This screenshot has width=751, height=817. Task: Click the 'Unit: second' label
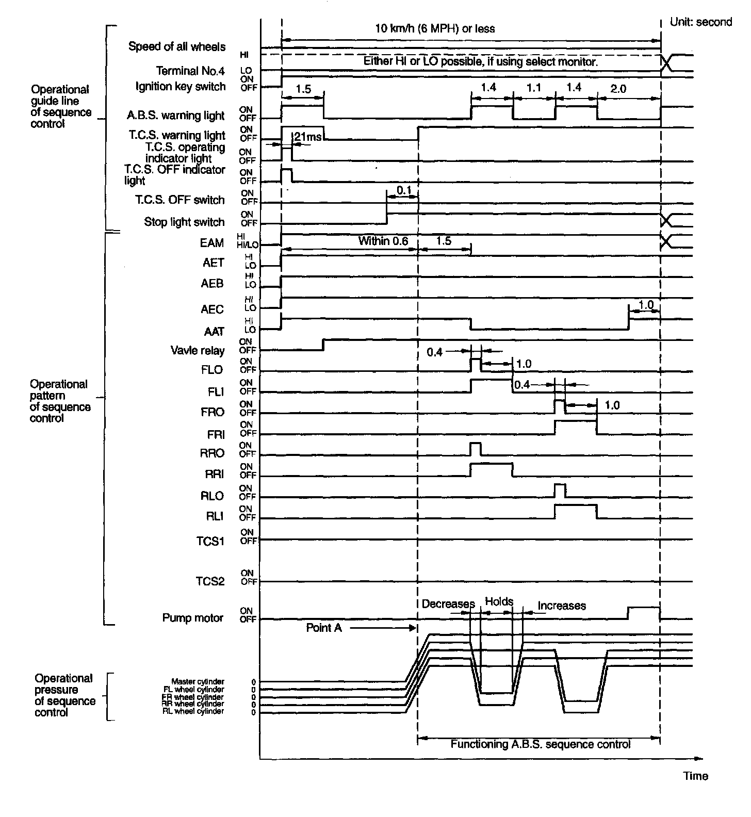pyautogui.click(x=700, y=22)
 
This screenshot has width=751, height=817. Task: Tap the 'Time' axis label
pyautogui.click(x=695, y=776)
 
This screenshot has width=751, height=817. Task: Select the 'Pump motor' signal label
pyautogui.click(x=193, y=618)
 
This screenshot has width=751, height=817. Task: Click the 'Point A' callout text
pyautogui.click(x=324, y=628)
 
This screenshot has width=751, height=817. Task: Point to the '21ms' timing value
pyautogui.click(x=308, y=137)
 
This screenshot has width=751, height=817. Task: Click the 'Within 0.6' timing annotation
pyautogui.click(x=383, y=241)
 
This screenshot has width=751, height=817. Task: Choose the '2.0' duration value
pyautogui.click(x=618, y=89)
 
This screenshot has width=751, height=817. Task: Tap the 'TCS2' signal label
pyautogui.click(x=210, y=581)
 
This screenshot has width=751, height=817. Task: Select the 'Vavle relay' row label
pyautogui.click(x=198, y=351)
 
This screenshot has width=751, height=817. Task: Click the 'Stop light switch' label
pyautogui.click(x=184, y=222)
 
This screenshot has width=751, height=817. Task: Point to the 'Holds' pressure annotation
pyautogui.click(x=499, y=601)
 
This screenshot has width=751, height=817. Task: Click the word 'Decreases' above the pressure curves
pyautogui.click(x=448, y=604)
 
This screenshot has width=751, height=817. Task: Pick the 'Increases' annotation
pyautogui.click(x=562, y=606)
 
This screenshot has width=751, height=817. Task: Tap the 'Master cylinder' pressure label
pyautogui.click(x=198, y=681)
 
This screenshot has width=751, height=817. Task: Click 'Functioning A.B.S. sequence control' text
pyautogui.click(x=540, y=744)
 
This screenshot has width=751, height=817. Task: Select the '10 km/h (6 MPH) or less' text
pyautogui.click(x=434, y=28)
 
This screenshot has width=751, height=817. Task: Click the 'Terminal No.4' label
pyautogui.click(x=191, y=71)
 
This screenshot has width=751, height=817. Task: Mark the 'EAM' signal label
pyautogui.click(x=212, y=243)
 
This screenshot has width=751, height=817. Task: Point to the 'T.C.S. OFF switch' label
pyautogui.click(x=180, y=200)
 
